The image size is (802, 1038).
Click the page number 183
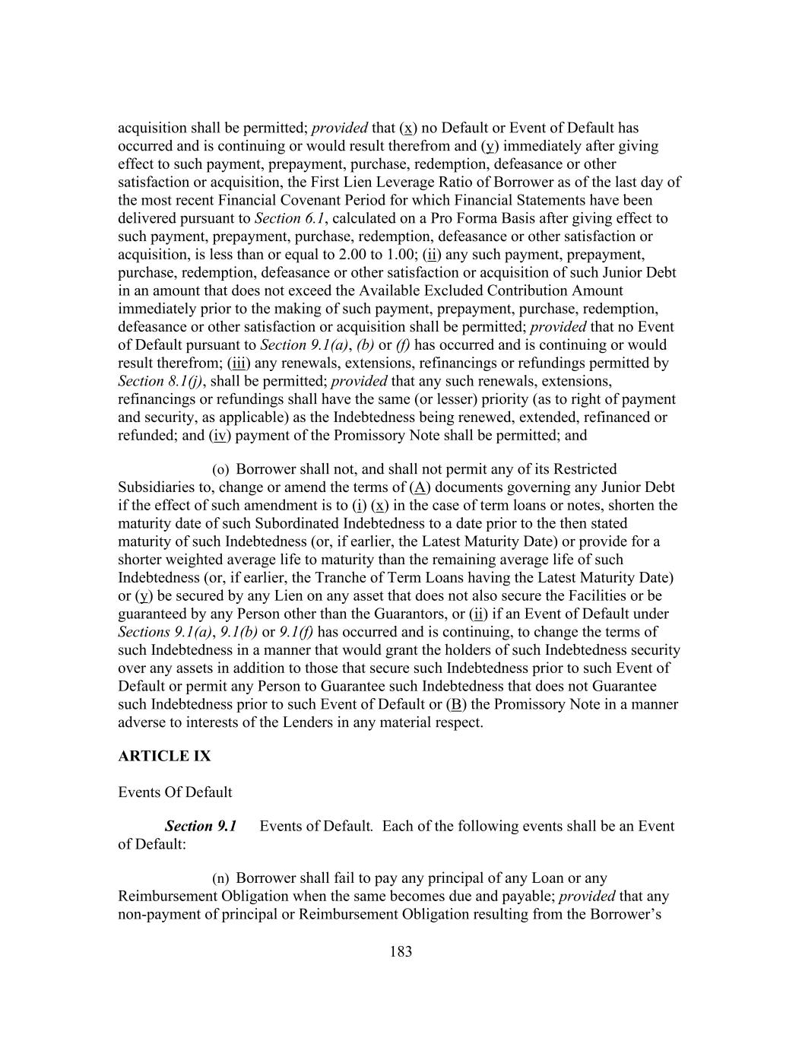tap(401, 951)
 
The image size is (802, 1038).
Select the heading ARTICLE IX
tap(164, 756)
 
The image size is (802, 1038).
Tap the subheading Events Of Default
tap(175, 792)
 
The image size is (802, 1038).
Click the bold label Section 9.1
tap(201, 826)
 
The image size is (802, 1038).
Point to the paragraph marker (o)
tap(220, 470)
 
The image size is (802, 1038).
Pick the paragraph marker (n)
tap(220, 879)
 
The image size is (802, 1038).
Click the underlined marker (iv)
tap(220, 436)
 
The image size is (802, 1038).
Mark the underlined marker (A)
tap(420, 487)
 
